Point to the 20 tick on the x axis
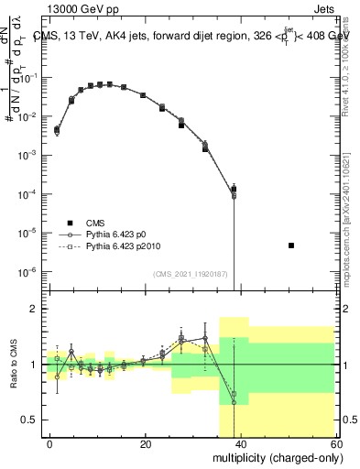click(145, 443)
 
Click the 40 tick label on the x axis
click(241, 443)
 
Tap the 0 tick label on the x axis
click(49, 443)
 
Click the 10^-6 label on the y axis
click(28, 272)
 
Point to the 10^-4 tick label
click(28, 194)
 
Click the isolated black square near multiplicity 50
click(290, 245)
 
